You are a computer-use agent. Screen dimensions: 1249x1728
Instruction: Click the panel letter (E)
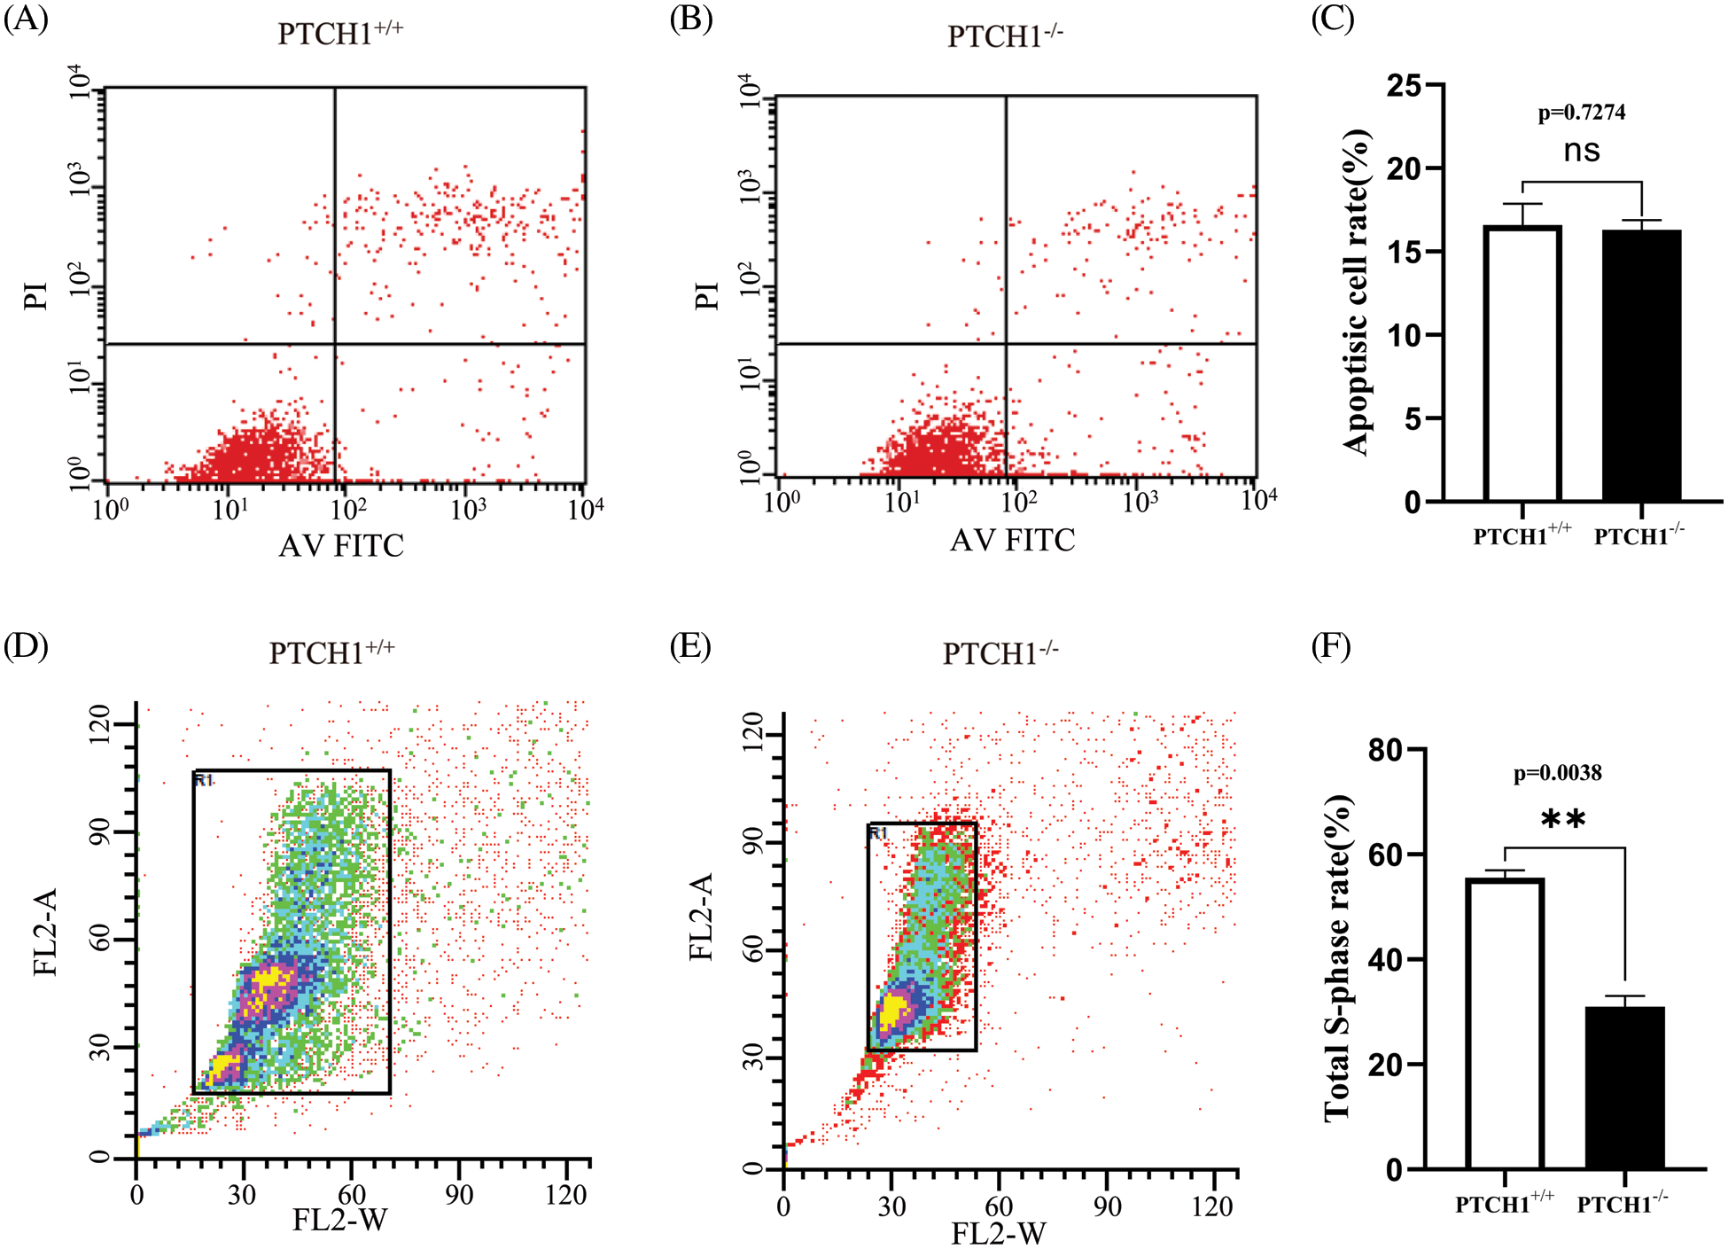click(690, 646)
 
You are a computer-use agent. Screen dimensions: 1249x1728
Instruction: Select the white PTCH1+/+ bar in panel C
click(1522, 363)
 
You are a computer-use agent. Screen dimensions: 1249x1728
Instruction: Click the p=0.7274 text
click(1581, 113)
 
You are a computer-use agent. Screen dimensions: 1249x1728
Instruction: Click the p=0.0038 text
click(1557, 773)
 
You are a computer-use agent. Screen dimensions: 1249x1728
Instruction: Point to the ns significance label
click(1582, 151)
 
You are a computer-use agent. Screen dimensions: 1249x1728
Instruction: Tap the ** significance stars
click(1562, 819)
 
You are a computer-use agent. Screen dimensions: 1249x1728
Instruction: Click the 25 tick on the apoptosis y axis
click(1404, 86)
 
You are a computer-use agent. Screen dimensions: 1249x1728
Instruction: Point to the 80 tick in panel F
click(1386, 750)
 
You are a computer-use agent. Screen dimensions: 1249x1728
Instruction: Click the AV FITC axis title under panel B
click(1012, 540)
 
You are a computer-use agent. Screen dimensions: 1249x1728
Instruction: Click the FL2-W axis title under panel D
click(339, 1221)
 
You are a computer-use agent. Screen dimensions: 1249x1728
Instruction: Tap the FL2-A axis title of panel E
click(701, 917)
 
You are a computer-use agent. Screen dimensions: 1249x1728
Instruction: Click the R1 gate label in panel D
click(205, 780)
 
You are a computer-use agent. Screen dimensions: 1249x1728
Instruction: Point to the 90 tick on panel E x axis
click(1107, 1207)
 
